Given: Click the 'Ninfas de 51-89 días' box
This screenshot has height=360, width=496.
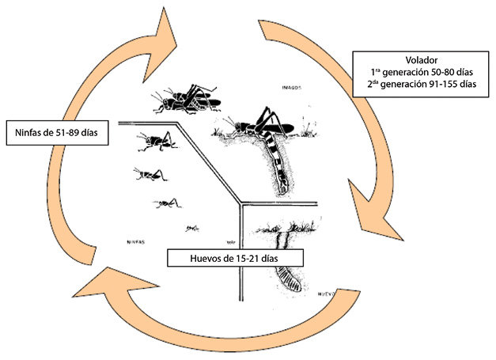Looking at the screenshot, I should [x=56, y=132].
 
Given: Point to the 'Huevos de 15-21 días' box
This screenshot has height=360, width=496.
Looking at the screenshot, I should [x=225, y=259].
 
